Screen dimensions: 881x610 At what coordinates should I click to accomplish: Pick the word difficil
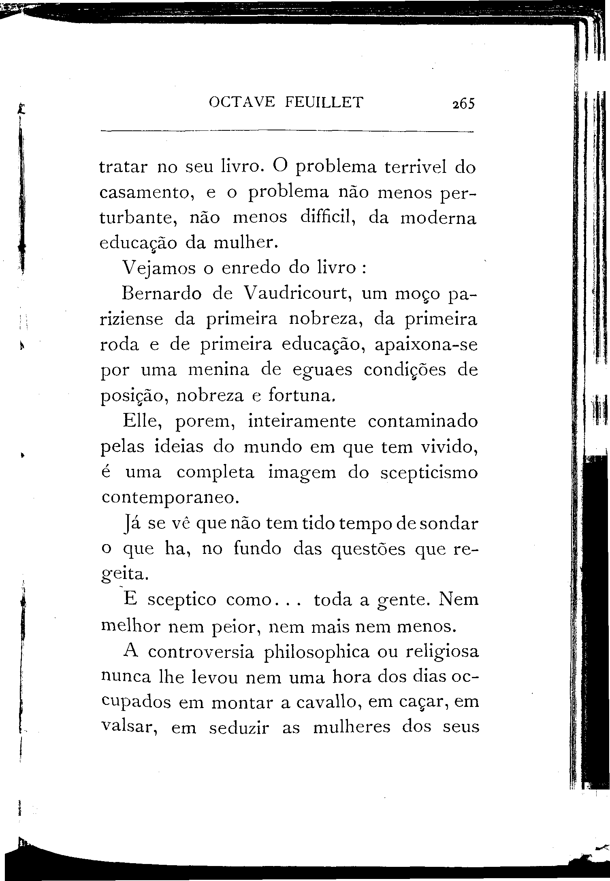pyautogui.click(x=328, y=218)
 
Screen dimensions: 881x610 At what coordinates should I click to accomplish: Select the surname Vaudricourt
pyautogui.click(x=297, y=294)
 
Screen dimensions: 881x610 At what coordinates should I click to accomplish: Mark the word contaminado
pyautogui.click(x=423, y=421)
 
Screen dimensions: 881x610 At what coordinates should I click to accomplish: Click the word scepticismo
pyautogui.click(x=429, y=473)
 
